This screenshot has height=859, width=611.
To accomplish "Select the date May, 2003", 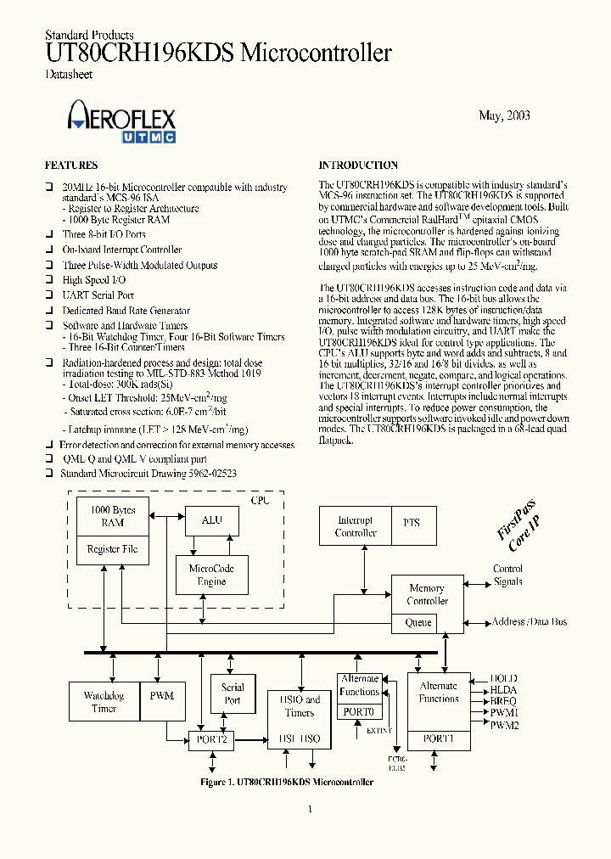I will tap(504, 115).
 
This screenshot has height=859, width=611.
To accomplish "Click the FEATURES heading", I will tap(70, 166).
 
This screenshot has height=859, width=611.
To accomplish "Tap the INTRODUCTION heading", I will tap(358, 166).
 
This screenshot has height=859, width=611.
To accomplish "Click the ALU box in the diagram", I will tap(211, 520).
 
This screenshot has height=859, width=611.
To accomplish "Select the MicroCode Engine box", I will tap(211, 575).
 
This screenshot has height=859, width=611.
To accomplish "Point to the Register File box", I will tap(112, 549).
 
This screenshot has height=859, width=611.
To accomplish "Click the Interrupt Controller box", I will tap(356, 526).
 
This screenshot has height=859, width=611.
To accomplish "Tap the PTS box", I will tap(411, 523).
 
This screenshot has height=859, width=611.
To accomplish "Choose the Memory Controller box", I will tap(427, 594).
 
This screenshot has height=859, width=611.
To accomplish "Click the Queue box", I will tap(418, 622).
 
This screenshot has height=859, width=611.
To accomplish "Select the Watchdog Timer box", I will tap(104, 702).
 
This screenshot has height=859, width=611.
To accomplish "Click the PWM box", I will tap(161, 695).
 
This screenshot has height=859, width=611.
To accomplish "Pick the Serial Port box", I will tap(233, 693).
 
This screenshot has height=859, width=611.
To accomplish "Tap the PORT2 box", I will tap(210, 739).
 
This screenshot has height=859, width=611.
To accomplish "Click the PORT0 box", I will tap(360, 712).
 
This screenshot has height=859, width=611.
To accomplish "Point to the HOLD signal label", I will tap(504, 679).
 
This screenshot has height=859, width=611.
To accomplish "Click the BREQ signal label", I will tap(504, 702).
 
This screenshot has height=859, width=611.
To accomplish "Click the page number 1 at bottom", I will tap(310, 809).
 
